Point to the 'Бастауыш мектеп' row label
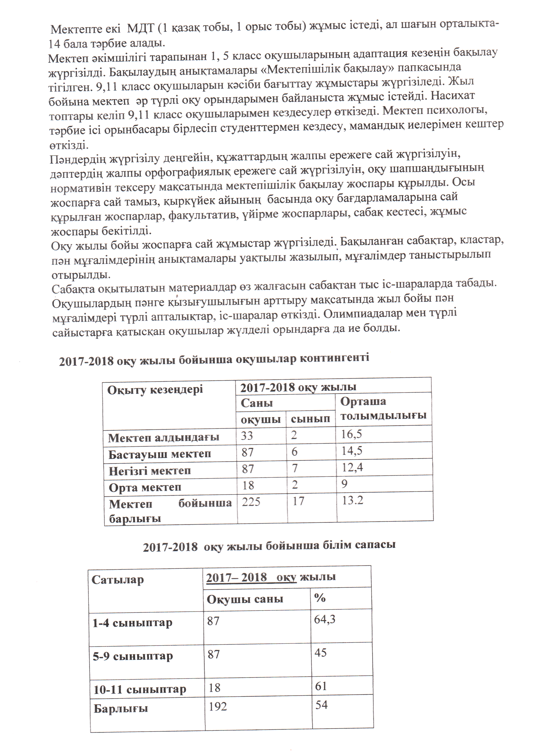pos(159,454)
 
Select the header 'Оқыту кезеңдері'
pos(155,390)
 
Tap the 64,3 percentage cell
pos(325,619)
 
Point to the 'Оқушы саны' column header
pos(245,599)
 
